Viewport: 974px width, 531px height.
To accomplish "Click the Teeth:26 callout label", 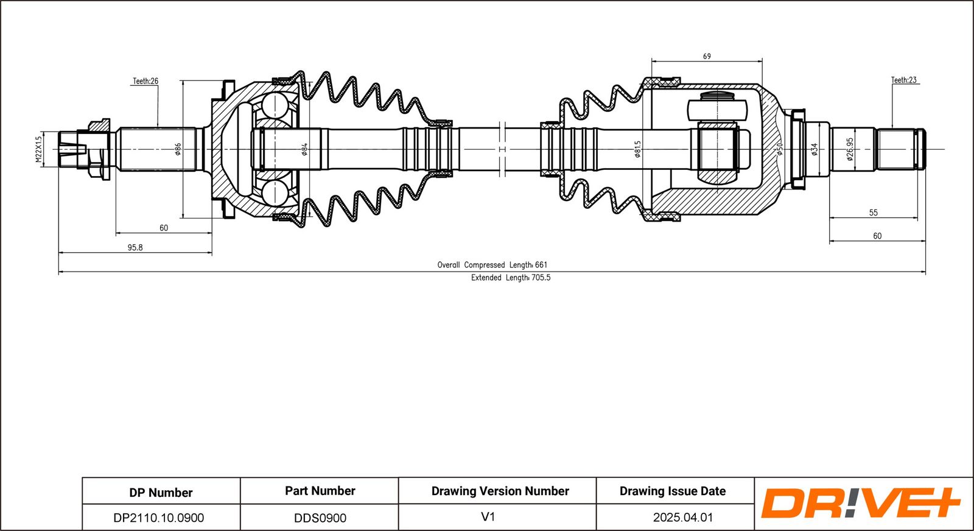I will coord(145,81).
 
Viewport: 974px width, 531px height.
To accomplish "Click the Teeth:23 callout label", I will coord(904,80).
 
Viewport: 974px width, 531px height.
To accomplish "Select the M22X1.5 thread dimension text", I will coord(39,149).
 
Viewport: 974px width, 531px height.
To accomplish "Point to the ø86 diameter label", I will coord(178,149).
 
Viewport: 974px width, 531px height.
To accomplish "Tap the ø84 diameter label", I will coord(304,149).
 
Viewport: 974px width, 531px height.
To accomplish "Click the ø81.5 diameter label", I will coord(637,149).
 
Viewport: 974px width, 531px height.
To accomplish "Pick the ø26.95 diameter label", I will coord(850,149).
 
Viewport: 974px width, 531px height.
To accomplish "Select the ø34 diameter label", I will coord(815,149).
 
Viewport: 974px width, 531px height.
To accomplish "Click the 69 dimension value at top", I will coord(707,56).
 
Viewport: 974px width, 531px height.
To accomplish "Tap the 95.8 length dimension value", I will coord(135,247).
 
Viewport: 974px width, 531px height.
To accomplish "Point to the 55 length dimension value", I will coord(874,213).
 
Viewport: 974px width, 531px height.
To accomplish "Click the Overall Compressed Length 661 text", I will coord(492,265).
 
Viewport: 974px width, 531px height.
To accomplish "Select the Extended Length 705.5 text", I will coord(510,278).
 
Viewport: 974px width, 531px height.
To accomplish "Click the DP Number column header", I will coord(161,492).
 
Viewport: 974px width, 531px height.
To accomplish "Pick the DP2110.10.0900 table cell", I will coord(159,518).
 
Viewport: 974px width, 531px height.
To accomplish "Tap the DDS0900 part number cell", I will coord(320,518).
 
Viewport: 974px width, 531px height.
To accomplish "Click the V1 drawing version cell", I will coord(488,517).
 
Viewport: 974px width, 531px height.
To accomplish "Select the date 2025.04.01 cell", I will coord(683,518).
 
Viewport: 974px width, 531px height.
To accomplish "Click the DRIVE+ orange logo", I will coord(860,503).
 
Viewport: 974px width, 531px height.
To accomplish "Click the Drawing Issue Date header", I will coord(673,491).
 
